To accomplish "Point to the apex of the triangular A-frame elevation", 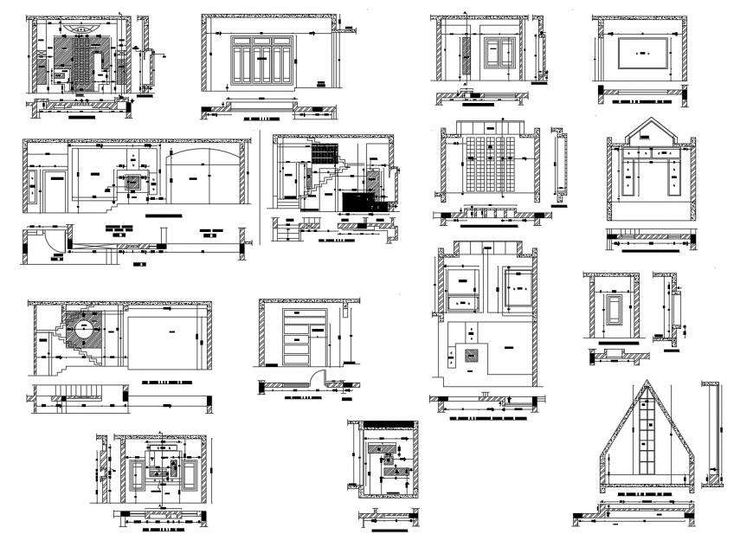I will point(645,383).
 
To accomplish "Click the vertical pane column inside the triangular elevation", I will point(645,441).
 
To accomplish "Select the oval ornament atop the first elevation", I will point(82,28).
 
